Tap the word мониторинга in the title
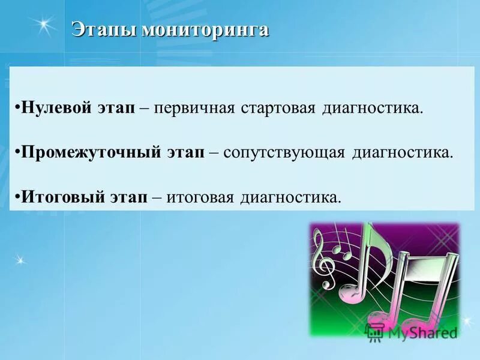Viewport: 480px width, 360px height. tap(205, 30)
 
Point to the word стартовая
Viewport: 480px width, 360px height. tap(277, 109)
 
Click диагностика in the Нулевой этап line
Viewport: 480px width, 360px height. tap(373, 109)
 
